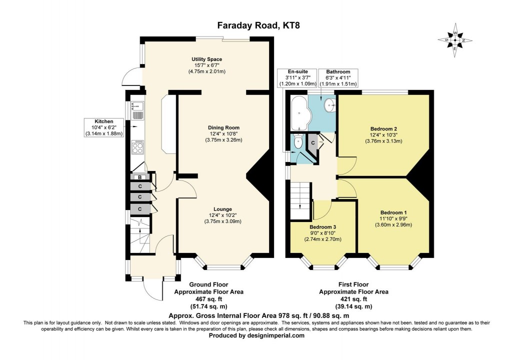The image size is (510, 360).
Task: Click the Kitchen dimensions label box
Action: pyautogui.click(x=104, y=127)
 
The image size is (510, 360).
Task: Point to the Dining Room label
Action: pyautogui.click(x=223, y=133)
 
